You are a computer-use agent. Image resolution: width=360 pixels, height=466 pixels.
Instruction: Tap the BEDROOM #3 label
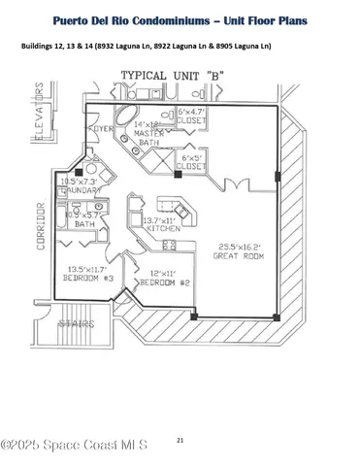pyautogui.click(x=90, y=279)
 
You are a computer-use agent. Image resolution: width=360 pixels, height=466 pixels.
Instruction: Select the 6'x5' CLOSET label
pyautogui.click(x=194, y=160)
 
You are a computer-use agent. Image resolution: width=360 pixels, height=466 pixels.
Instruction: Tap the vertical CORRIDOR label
pyautogui.click(x=42, y=226)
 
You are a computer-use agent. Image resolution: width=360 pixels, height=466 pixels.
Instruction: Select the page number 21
pyautogui.click(x=180, y=440)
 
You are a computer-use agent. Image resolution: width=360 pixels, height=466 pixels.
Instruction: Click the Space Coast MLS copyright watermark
pyautogui.click(x=74, y=445)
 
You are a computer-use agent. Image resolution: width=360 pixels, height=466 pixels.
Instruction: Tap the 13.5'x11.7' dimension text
pyautogui.click(x=90, y=269)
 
